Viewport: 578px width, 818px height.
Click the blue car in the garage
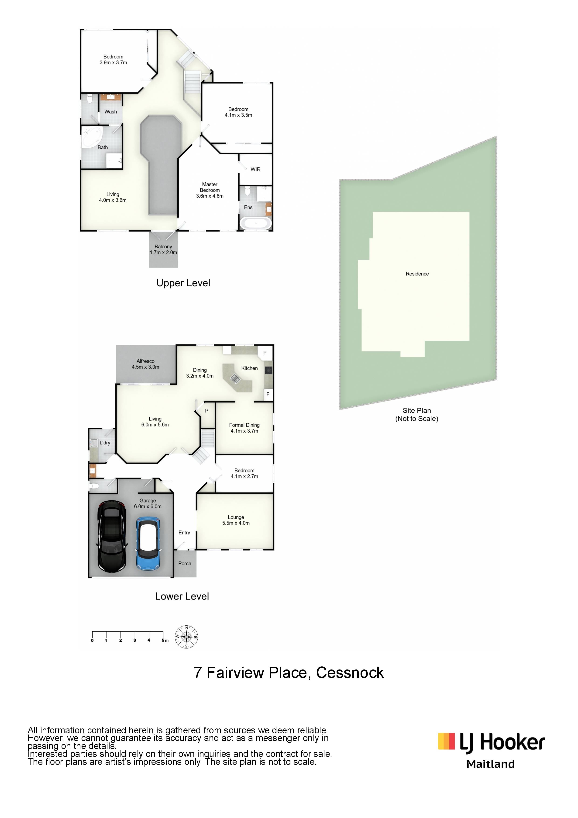[148, 544]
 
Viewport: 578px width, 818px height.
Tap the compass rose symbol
[186, 637]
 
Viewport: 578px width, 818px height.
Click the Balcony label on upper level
[163, 246]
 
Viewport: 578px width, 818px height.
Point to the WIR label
[255, 169]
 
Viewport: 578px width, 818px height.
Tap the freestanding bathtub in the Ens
[256, 223]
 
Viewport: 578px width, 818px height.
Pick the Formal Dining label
[244, 425]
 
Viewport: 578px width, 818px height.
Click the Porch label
[185, 563]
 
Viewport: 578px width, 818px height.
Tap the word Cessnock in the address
[350, 673]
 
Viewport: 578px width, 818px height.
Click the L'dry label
[105, 443]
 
